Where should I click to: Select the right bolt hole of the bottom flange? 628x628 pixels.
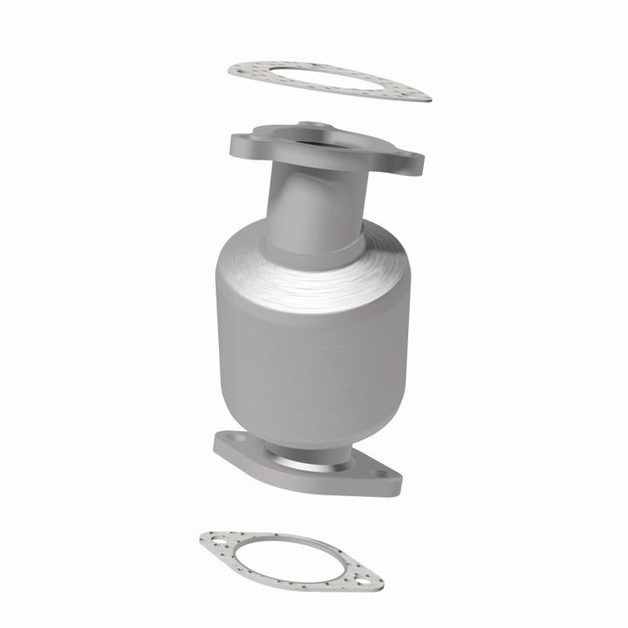coord(384,478)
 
